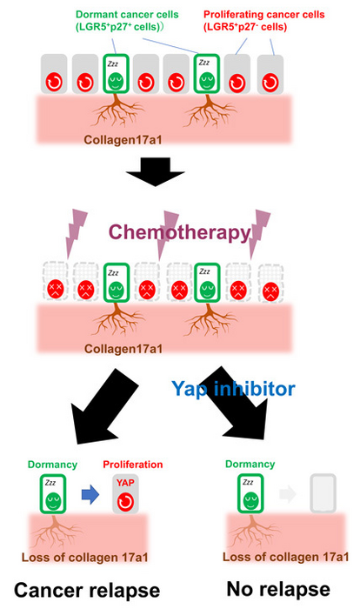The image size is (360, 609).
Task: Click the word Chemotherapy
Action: [178, 233]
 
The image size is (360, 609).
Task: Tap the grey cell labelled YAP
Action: [125, 493]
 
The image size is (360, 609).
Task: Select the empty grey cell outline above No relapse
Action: [323, 494]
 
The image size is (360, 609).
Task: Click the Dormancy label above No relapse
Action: [250, 465]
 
